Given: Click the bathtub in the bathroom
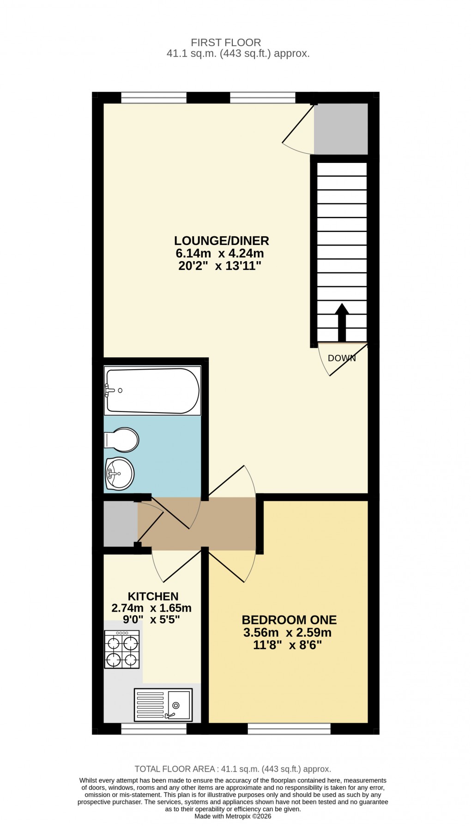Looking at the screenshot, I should coord(152,390).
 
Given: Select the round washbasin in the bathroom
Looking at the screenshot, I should coord(120,473).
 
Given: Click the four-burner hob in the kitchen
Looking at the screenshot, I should coord(122,649).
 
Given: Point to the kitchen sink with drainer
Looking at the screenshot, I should coord(163,705).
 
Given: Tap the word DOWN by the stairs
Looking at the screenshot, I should coord(342,358).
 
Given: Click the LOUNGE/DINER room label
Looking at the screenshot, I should coord(221,240).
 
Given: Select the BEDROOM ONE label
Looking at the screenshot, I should coord(289,620).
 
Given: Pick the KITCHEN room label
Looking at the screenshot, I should coord(153,596).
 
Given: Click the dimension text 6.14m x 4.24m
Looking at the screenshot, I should coord(220,253).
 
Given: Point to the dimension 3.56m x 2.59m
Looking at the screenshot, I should coord(287,633).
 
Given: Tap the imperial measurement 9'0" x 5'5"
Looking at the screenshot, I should coord(152,619).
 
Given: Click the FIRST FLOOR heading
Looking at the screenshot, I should coord(226,42).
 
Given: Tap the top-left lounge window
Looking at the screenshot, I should coord(154,97).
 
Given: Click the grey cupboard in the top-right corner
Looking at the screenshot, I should coord(341,129).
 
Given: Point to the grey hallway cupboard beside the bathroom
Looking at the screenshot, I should coord(120,523).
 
